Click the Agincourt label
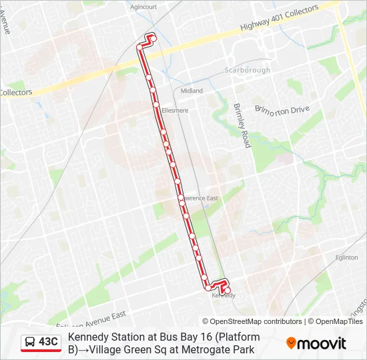click(x=143, y=7)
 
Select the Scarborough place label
click(x=247, y=70)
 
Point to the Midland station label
click(x=191, y=91)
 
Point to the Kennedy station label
click(x=224, y=295)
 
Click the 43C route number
click(x=49, y=342)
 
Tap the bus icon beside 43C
click(x=31, y=342)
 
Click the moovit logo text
click(x=322, y=343)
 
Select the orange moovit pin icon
click(x=291, y=343)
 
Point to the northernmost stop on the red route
click(x=153, y=39)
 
